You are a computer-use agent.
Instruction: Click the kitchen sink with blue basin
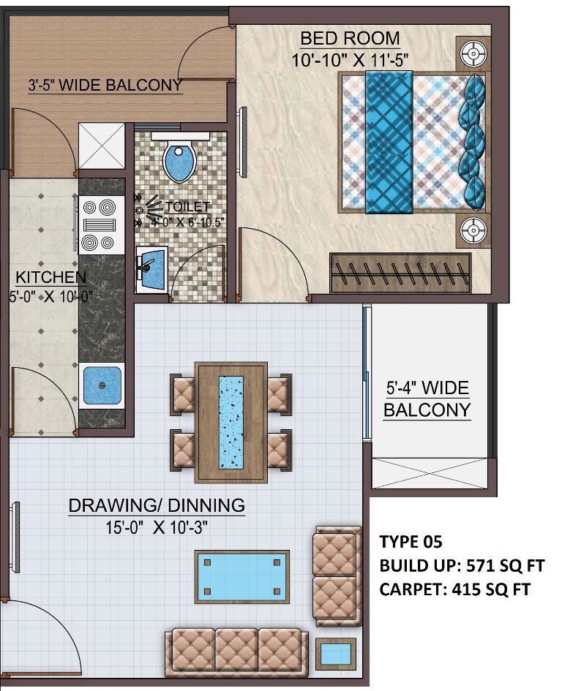[102, 385]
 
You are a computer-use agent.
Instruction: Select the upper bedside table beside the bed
[473, 53]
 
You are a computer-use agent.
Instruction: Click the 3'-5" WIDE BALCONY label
[105, 86]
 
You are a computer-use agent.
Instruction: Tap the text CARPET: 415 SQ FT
[454, 589]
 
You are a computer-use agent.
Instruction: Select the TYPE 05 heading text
[411, 542]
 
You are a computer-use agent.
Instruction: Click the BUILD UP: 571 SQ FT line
[462, 565]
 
